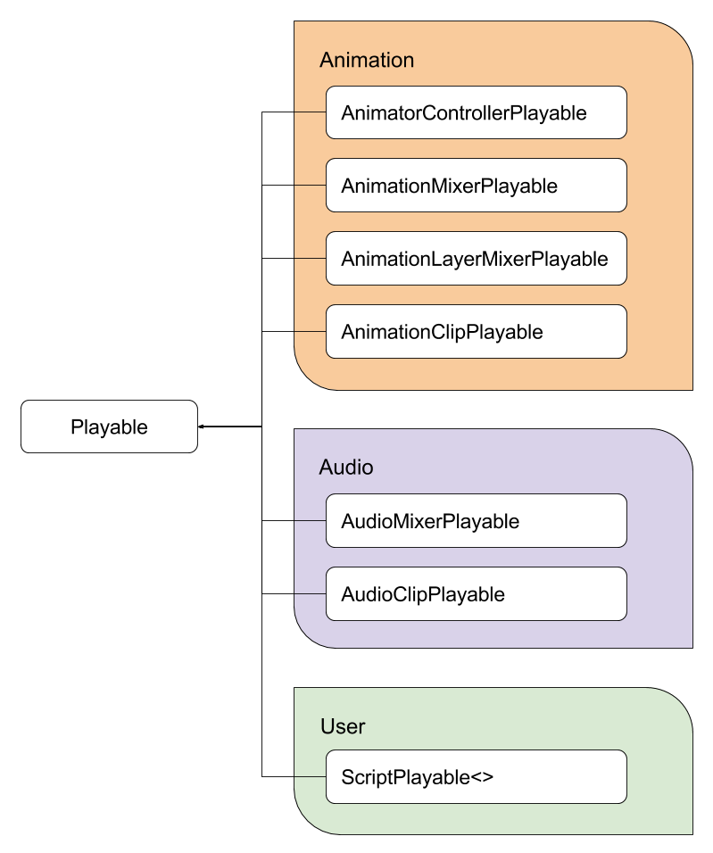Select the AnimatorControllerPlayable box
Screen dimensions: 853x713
pos(476,112)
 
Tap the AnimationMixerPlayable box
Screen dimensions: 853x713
pos(476,186)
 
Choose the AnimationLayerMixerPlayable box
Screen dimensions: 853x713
pos(476,259)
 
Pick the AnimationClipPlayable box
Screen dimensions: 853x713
pos(476,332)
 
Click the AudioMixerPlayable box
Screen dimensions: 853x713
pos(476,521)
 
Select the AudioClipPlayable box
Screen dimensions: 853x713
pos(476,594)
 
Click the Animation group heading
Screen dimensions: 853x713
pos(367,60)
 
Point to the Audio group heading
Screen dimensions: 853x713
pos(346,468)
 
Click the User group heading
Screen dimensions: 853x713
pos(343,726)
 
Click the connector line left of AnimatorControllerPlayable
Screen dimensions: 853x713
pos(311,112)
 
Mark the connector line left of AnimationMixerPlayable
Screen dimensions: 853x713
pos(311,186)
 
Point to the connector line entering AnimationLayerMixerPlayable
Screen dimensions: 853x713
pos(311,259)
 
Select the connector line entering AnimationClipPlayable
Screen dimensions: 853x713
pos(311,332)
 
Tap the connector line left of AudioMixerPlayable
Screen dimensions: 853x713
pos(311,521)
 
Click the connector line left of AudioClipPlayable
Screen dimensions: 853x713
pos(311,594)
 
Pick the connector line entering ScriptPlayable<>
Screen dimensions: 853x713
pos(311,776)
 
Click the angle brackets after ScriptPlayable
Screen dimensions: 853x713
pos(482,777)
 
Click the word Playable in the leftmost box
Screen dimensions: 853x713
pos(109,427)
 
